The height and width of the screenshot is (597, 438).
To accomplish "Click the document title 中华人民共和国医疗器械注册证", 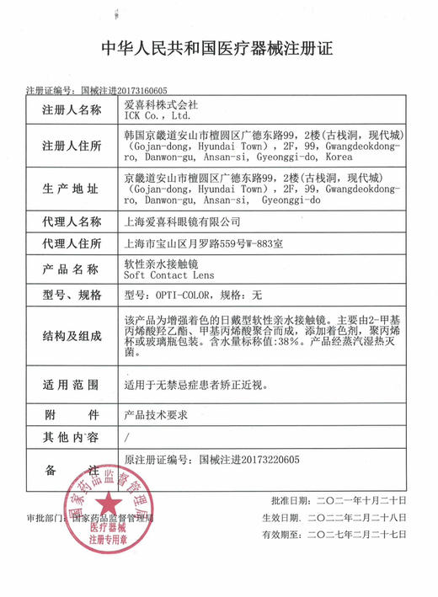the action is click(216, 47).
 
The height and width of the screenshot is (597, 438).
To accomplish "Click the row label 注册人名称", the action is click(72, 109).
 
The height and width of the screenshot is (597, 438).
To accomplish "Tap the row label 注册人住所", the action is click(72, 146).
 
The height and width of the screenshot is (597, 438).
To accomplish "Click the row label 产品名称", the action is click(72, 269).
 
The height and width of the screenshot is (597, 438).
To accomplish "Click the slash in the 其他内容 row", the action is click(126, 437).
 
